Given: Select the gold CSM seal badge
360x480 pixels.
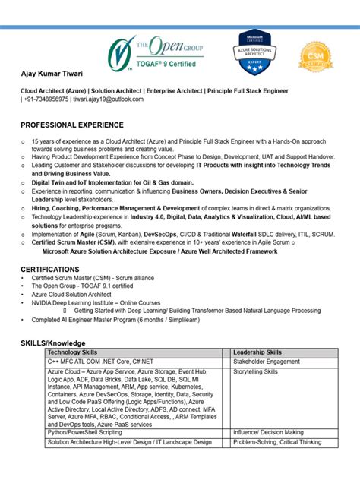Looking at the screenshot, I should (x=315, y=55).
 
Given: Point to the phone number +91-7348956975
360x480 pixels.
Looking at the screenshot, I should (x=46, y=99).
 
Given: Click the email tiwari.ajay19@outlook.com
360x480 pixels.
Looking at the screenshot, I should (x=109, y=99).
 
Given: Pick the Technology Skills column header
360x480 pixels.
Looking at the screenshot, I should (x=73, y=352).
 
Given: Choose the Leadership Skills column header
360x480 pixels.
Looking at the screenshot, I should (x=257, y=352).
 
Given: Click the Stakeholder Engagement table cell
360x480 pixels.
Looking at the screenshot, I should (x=266, y=362).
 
